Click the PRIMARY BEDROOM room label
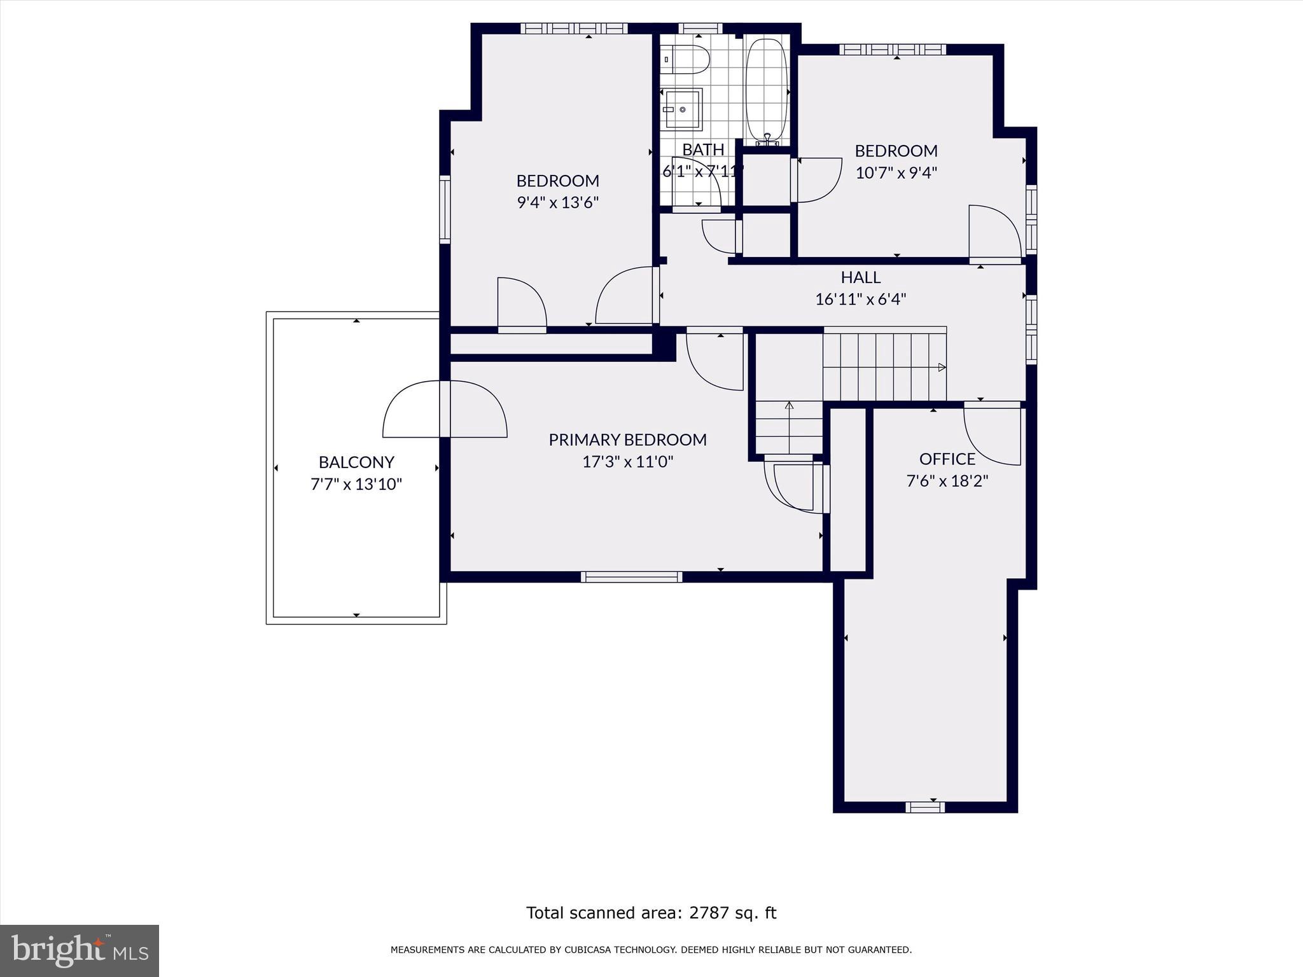point(627,440)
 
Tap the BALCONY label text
point(356,462)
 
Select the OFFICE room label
point(947,459)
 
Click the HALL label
point(860,277)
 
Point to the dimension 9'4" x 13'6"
point(557,202)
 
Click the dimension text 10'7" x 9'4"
point(896,172)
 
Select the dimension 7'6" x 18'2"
point(947,480)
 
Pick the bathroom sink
point(683,109)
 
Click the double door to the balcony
point(445,409)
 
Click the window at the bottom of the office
point(924,807)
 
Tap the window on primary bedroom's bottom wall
point(631,577)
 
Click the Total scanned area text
point(651,913)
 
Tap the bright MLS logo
point(80,950)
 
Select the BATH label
point(703,149)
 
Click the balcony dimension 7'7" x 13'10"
point(356,484)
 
